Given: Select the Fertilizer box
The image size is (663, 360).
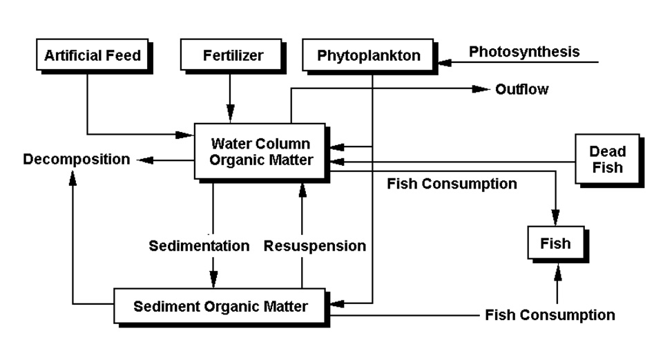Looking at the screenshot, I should [232, 55].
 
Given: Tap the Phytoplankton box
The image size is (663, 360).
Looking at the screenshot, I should [369, 56].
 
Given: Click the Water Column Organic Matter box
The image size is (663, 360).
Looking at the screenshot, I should [260, 152].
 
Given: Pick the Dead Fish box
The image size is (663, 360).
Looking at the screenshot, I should [607, 159].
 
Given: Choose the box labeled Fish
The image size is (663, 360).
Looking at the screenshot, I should [555, 243].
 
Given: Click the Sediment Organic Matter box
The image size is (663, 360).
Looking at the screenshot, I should [220, 306].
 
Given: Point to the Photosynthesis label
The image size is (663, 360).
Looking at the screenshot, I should [524, 52].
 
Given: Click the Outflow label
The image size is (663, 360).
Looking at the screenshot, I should [521, 89].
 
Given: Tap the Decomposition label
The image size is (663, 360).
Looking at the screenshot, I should [76, 160].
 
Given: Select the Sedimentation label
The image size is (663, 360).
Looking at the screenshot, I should [199, 246].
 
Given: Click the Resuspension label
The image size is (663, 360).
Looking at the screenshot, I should [315, 246].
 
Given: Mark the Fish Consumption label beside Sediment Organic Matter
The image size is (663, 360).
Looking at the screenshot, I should [550, 315].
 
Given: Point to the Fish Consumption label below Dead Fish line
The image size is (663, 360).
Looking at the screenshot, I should [452, 184].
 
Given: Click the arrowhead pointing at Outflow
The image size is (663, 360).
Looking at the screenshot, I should [481, 89].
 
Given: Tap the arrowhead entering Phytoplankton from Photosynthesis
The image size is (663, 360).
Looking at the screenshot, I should [448, 62].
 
